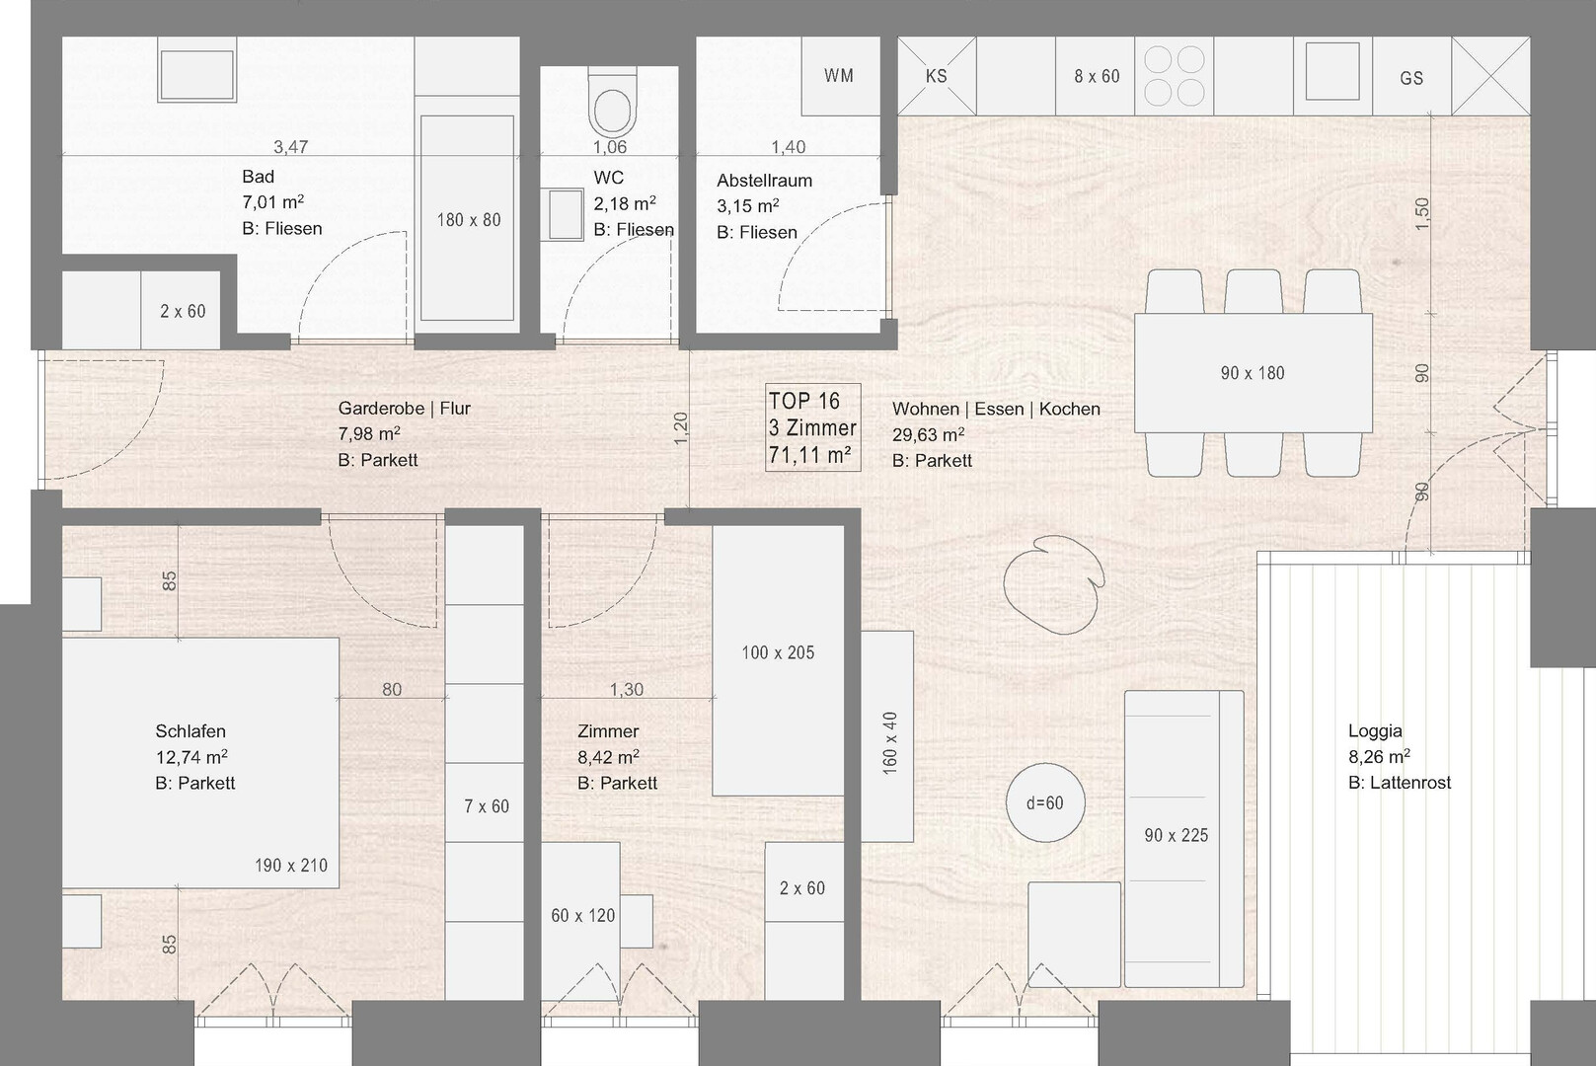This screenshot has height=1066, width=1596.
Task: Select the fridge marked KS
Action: [x=937, y=76]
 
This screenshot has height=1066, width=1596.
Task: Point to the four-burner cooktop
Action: [x=1174, y=76]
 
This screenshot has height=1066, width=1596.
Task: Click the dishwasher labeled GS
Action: [x=1411, y=76]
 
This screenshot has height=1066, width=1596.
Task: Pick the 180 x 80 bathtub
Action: [x=468, y=219]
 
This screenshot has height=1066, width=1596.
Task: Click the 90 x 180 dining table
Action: [x=1254, y=373]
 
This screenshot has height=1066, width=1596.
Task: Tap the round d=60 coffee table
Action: [x=1045, y=802]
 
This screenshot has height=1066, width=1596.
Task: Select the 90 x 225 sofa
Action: [x=1184, y=839]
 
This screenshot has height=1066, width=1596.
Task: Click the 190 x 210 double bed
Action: [x=200, y=762]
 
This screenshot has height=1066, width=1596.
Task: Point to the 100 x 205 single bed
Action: [x=778, y=660]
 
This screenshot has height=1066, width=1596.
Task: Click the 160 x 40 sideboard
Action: [x=887, y=736]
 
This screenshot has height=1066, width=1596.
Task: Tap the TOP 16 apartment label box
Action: [x=813, y=427]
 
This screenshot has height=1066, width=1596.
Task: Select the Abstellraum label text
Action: [x=765, y=181]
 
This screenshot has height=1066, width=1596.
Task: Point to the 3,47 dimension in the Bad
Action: [x=291, y=147]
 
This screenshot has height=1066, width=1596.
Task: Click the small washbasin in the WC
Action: [x=566, y=214]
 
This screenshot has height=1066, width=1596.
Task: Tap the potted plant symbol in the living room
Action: [x=1054, y=584]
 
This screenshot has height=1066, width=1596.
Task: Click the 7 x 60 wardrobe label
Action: [x=487, y=805]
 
